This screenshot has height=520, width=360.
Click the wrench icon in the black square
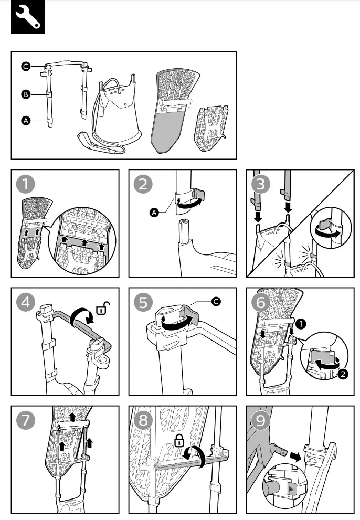point(28,17)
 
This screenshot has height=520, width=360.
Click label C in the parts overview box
point(25,66)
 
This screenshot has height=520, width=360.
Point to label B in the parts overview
point(25,94)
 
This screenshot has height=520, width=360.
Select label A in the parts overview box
point(25,121)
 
